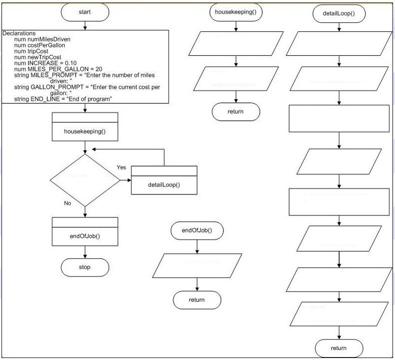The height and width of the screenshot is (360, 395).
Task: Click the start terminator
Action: coord(85,12)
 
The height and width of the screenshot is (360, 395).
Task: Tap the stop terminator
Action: coord(85,267)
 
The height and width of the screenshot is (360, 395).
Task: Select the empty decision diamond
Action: coord(85,180)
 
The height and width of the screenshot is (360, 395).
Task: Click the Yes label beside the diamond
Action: coord(121,167)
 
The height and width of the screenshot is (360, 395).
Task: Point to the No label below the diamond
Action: coord(67,203)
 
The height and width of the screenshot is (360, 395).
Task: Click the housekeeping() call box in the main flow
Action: coord(85,127)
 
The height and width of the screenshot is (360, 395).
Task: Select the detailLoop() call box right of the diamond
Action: coord(164,180)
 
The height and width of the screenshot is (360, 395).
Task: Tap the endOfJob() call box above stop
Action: coord(85,231)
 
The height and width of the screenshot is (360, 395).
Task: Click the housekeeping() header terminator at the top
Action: coord(236,12)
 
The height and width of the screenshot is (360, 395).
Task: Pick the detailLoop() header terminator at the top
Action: coord(339,13)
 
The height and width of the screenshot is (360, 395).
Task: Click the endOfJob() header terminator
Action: coord(197,230)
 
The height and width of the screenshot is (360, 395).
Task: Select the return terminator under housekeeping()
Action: coord(236,112)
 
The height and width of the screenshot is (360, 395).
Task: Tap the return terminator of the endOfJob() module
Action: coord(197,300)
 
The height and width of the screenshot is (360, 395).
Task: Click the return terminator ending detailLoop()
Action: coord(339,348)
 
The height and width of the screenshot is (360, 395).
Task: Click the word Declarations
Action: coord(19,33)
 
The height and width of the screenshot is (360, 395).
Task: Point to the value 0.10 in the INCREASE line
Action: coord(71,63)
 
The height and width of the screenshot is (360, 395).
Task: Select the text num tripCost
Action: coord(31,51)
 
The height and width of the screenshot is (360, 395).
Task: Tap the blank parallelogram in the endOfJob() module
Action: coord(197,266)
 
